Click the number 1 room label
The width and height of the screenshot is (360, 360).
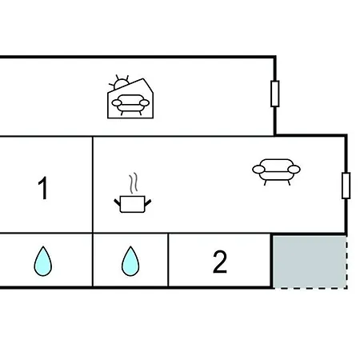pos(43,188)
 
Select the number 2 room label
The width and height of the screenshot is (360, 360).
pos(220,262)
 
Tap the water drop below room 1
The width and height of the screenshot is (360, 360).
pos(43,261)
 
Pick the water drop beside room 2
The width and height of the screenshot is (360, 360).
pos(130,261)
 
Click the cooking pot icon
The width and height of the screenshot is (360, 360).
pos(133,204)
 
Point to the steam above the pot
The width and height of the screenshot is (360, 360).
pos(134,183)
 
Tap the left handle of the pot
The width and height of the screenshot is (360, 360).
pos(118,202)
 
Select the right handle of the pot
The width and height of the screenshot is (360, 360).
pos(148,202)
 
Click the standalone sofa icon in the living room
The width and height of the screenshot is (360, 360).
pos(276,172)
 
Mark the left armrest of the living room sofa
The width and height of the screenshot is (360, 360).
pos(258,170)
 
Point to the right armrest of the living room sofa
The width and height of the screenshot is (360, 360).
pos(294,170)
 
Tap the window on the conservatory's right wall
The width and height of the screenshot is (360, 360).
pos(275,94)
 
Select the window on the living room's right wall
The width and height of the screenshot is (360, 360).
pos(346,186)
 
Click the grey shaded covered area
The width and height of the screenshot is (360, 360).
pos(310,262)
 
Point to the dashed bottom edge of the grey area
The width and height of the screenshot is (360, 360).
pos(310,288)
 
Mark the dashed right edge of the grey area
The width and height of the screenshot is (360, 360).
pos(346,262)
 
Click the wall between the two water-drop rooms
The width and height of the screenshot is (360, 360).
pos(93,260)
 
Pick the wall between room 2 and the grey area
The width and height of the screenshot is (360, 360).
pos(271,261)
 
